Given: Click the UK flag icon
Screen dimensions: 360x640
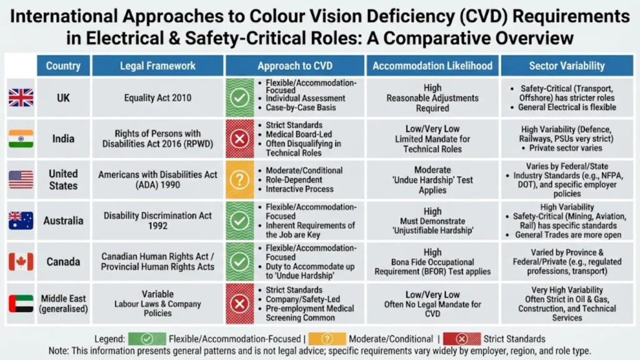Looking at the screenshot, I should click(x=21, y=97).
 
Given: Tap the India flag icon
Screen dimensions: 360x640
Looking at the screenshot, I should click(x=21, y=138).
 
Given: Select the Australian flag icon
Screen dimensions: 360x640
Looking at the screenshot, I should click(x=21, y=221).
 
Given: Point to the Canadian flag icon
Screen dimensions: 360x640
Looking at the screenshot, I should click(x=21, y=262).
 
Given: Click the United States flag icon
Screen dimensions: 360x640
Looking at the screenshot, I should click(x=21, y=179).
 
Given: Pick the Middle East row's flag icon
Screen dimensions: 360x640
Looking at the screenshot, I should click(x=21, y=303).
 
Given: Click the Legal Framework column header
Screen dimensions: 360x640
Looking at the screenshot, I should click(x=157, y=66).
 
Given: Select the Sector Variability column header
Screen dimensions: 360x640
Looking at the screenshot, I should click(x=566, y=66).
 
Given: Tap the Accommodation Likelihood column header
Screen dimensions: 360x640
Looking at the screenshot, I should click(x=432, y=66).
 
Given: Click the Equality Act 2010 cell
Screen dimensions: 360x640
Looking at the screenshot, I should click(x=157, y=97).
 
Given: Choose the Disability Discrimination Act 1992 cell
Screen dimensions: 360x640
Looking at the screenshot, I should click(x=157, y=221).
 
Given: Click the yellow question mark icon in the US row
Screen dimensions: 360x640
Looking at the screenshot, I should click(x=239, y=179).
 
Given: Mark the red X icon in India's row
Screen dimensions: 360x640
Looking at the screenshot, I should click(x=239, y=138).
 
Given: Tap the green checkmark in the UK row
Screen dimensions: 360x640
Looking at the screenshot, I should click(x=239, y=97).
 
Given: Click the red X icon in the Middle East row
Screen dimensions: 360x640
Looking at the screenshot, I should click(x=239, y=303).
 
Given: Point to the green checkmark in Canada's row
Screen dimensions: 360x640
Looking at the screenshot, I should click(x=239, y=262).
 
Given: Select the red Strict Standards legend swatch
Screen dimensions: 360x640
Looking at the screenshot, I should click(x=461, y=338).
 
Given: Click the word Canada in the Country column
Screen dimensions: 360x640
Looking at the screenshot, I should click(x=63, y=262).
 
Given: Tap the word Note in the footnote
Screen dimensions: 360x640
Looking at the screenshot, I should click(x=60, y=351).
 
